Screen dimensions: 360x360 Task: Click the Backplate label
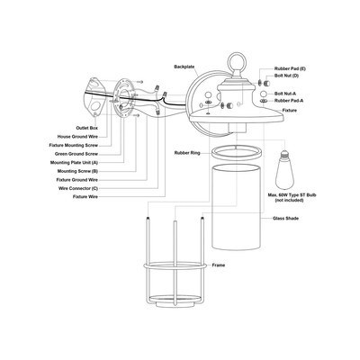(x=184, y=67)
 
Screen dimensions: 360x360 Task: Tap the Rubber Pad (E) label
(x=290, y=68)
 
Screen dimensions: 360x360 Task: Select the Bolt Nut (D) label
(x=286, y=76)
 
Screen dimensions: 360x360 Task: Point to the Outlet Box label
(x=86, y=128)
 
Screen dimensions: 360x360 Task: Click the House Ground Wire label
(x=77, y=137)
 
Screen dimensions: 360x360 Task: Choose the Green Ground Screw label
(x=76, y=154)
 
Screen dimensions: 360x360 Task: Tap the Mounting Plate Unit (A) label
(x=74, y=163)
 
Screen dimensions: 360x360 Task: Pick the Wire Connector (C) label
(x=78, y=188)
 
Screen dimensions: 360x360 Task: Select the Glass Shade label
(x=285, y=219)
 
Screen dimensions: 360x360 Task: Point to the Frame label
(x=219, y=265)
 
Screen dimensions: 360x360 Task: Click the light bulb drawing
(x=284, y=169)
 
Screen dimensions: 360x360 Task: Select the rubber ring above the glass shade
(x=236, y=147)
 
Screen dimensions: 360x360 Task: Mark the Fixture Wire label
(x=85, y=197)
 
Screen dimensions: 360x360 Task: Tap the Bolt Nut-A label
(x=285, y=94)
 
